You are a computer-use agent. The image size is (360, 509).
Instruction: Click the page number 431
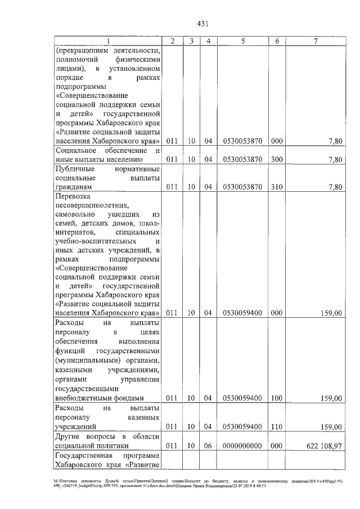[x=203, y=23]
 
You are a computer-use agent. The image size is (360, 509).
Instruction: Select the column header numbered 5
[x=242, y=41]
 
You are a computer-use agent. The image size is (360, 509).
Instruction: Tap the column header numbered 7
[x=316, y=41]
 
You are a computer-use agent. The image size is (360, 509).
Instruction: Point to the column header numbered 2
[x=173, y=41]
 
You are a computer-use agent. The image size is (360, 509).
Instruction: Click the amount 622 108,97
[x=323, y=445]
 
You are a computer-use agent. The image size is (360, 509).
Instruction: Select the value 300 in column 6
[x=277, y=159]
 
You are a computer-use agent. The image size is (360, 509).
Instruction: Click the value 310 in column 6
[x=277, y=186]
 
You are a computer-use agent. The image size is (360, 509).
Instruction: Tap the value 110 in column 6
[x=277, y=426]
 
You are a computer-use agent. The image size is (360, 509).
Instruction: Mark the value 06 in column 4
[x=208, y=445]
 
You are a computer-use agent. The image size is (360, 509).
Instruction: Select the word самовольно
[x=75, y=214]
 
